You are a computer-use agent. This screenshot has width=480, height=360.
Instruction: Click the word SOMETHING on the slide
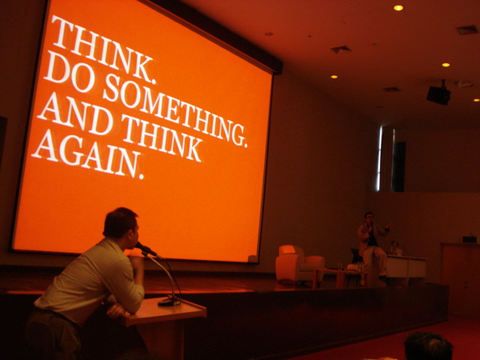coord(174,111)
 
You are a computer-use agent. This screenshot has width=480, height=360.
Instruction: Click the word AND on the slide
coord(76,112)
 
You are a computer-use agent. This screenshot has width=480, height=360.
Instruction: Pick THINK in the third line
coord(162,138)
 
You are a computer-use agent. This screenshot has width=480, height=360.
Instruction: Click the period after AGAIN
coord(141,176)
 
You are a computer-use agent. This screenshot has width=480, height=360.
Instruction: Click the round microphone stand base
coord(169,302)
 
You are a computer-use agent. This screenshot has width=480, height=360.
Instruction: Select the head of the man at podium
coord(122,225)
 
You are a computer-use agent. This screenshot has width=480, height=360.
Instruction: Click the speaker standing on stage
coord(373,248)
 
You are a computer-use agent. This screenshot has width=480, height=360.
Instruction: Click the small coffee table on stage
coord(337,276)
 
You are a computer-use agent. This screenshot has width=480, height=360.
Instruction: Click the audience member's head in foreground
coord(428,346)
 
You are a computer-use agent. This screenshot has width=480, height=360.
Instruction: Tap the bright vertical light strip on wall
coord(380,158)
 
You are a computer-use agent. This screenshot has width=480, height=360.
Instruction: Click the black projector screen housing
coord(214,34)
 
